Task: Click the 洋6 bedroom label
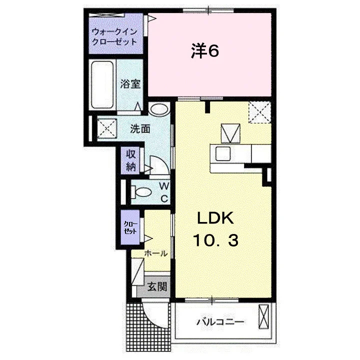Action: point(205,51)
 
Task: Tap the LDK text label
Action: point(215,218)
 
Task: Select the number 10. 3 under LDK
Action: point(215,240)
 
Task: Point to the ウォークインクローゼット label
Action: point(114,36)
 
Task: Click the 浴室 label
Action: point(130,84)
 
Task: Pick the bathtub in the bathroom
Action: point(102,85)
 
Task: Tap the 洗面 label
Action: point(140,129)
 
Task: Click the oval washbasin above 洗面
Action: point(159,109)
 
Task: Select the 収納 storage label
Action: point(131,160)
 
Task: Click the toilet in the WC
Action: point(141,192)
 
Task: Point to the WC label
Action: point(164,192)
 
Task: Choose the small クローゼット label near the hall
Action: point(130,227)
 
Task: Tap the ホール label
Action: point(155,253)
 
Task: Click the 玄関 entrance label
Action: point(157,286)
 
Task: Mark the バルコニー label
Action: point(220,321)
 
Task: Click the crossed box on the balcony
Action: point(263,317)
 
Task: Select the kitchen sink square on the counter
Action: point(223,153)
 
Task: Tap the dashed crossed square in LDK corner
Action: point(260,112)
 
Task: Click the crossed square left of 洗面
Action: point(107,129)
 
